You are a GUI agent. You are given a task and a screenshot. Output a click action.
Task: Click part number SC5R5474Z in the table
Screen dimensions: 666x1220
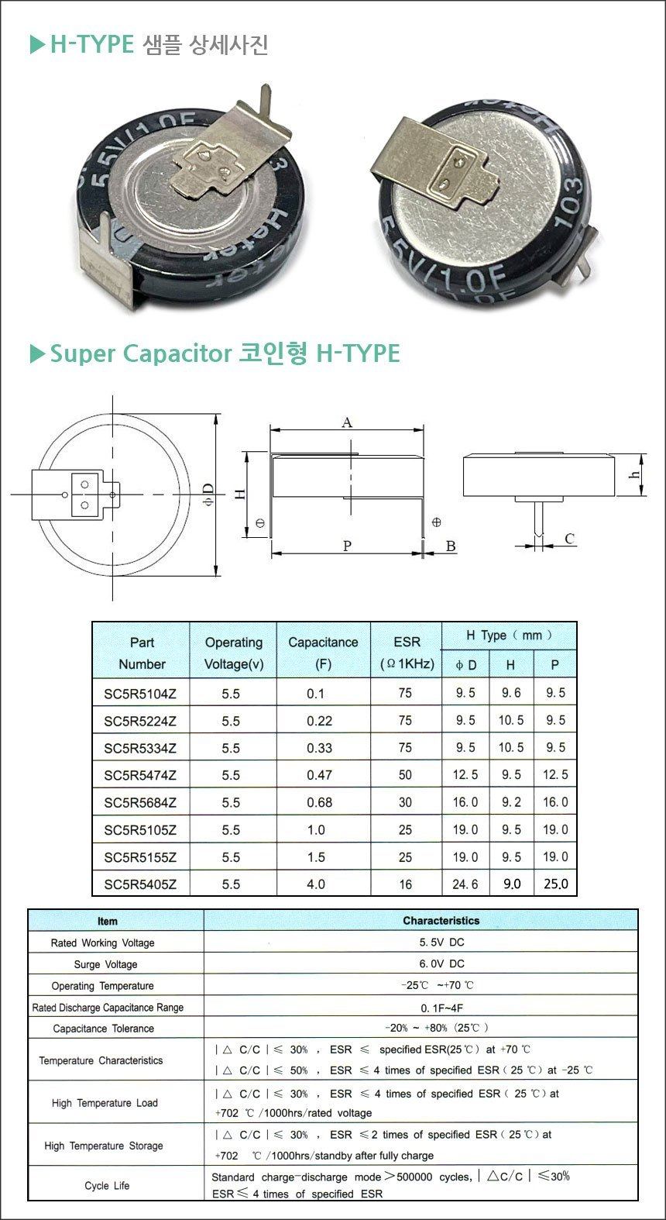point(140,775)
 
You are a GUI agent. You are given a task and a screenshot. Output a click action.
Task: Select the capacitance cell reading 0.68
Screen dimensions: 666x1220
point(319,802)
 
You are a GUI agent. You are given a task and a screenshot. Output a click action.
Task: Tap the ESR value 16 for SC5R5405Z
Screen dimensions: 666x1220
point(405,884)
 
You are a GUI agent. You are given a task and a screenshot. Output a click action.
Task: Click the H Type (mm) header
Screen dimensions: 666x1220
point(509,635)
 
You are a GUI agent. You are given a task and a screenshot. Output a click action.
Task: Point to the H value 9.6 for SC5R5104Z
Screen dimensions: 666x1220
point(511,693)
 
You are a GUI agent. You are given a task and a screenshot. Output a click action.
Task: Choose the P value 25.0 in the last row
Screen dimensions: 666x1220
point(555,884)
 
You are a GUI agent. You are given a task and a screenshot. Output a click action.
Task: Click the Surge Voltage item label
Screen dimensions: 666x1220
point(105,964)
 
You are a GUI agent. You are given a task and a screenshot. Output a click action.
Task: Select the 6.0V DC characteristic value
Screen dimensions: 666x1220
point(442,963)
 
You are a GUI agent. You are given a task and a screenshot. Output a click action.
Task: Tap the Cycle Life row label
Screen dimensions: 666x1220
point(107,1185)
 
